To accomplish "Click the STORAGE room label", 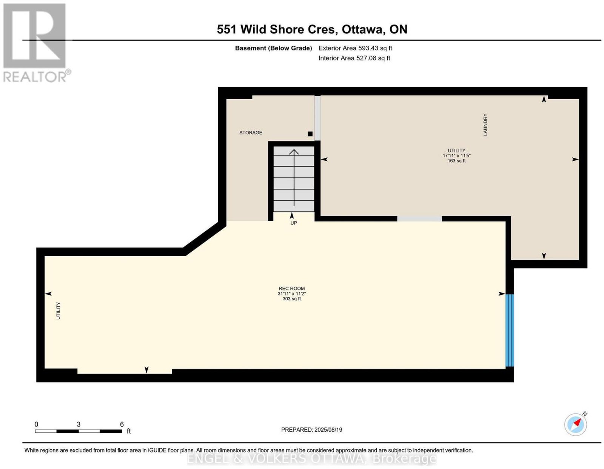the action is (250, 132).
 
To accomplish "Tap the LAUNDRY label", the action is (485, 125).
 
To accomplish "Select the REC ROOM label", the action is (291, 288).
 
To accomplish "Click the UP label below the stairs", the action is (294, 223).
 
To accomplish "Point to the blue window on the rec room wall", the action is (509, 330).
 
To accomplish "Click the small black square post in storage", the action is (310, 134).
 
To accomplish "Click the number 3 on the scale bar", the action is (79, 424).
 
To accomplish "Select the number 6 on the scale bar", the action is (122, 424).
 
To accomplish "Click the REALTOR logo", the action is (36, 43).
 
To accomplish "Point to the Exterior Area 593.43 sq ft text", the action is (355, 48).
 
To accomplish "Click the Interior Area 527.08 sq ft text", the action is (354, 58).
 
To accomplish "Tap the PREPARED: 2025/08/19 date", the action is (311, 429).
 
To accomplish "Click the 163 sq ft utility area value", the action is (456, 161).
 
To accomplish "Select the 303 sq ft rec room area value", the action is (291, 299).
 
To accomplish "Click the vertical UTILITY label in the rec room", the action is (58, 311).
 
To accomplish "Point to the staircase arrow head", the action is (294, 152).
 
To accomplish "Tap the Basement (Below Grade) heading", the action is (273, 48).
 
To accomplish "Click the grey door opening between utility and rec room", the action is (419, 219).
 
